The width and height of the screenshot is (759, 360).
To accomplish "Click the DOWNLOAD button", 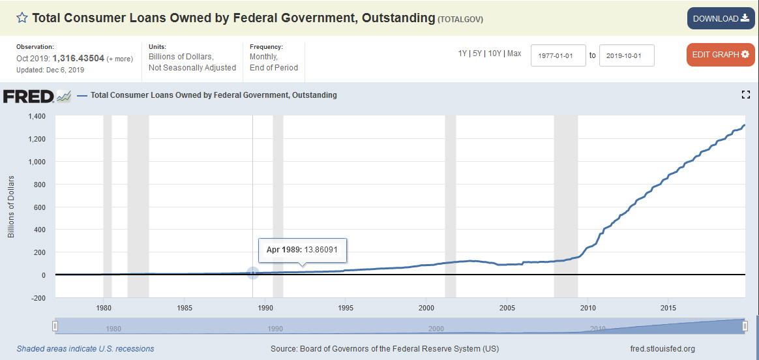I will (x=721, y=18).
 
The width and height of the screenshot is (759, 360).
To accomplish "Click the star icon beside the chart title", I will (x=22, y=18).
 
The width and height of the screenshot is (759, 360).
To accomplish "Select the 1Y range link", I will (x=463, y=53).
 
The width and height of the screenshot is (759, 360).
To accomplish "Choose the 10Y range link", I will (x=495, y=53).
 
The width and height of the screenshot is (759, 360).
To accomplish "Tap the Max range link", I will (x=514, y=53).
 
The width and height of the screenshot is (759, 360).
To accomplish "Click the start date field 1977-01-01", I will (x=558, y=55).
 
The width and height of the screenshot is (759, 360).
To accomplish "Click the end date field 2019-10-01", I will (x=626, y=55).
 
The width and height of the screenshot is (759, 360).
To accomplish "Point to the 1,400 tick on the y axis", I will (x=37, y=116).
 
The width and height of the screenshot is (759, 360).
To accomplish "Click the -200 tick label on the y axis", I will (x=38, y=298).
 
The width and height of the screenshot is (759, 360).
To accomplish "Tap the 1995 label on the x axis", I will (x=346, y=307).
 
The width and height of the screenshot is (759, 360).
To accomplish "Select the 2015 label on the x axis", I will (x=668, y=307).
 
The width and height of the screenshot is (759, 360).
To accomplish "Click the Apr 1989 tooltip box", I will (x=303, y=250).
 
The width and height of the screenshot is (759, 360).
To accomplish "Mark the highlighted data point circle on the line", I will (x=253, y=273).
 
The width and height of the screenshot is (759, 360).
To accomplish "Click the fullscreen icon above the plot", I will (x=747, y=95).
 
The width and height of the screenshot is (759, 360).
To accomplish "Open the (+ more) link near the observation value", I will (x=119, y=59).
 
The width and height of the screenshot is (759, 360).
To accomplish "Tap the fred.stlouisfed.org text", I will (x=662, y=349).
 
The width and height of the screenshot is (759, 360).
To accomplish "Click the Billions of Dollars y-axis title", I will (x=12, y=207).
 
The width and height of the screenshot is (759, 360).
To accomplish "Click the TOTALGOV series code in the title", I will (x=460, y=20).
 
